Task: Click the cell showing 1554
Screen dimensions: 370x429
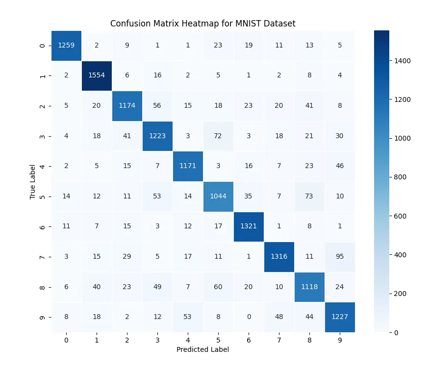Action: [x=97, y=75]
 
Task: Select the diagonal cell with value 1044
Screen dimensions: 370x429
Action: [x=218, y=196]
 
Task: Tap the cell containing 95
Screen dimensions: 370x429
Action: [x=340, y=256]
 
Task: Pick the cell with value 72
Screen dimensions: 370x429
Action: [x=218, y=136]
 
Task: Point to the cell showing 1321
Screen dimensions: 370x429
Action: [x=249, y=226]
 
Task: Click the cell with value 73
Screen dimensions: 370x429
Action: [x=309, y=196]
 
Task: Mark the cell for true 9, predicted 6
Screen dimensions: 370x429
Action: [x=249, y=317]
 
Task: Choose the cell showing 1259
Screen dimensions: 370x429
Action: [x=66, y=45]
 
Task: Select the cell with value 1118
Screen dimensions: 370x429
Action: [x=309, y=287]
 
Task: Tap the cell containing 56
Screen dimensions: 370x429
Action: [x=157, y=105]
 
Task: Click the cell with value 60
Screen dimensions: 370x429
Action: [x=218, y=287]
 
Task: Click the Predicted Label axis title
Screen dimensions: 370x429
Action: [x=203, y=350]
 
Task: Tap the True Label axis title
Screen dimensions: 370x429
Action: [x=33, y=181]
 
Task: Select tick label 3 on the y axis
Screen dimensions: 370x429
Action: [x=43, y=136]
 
